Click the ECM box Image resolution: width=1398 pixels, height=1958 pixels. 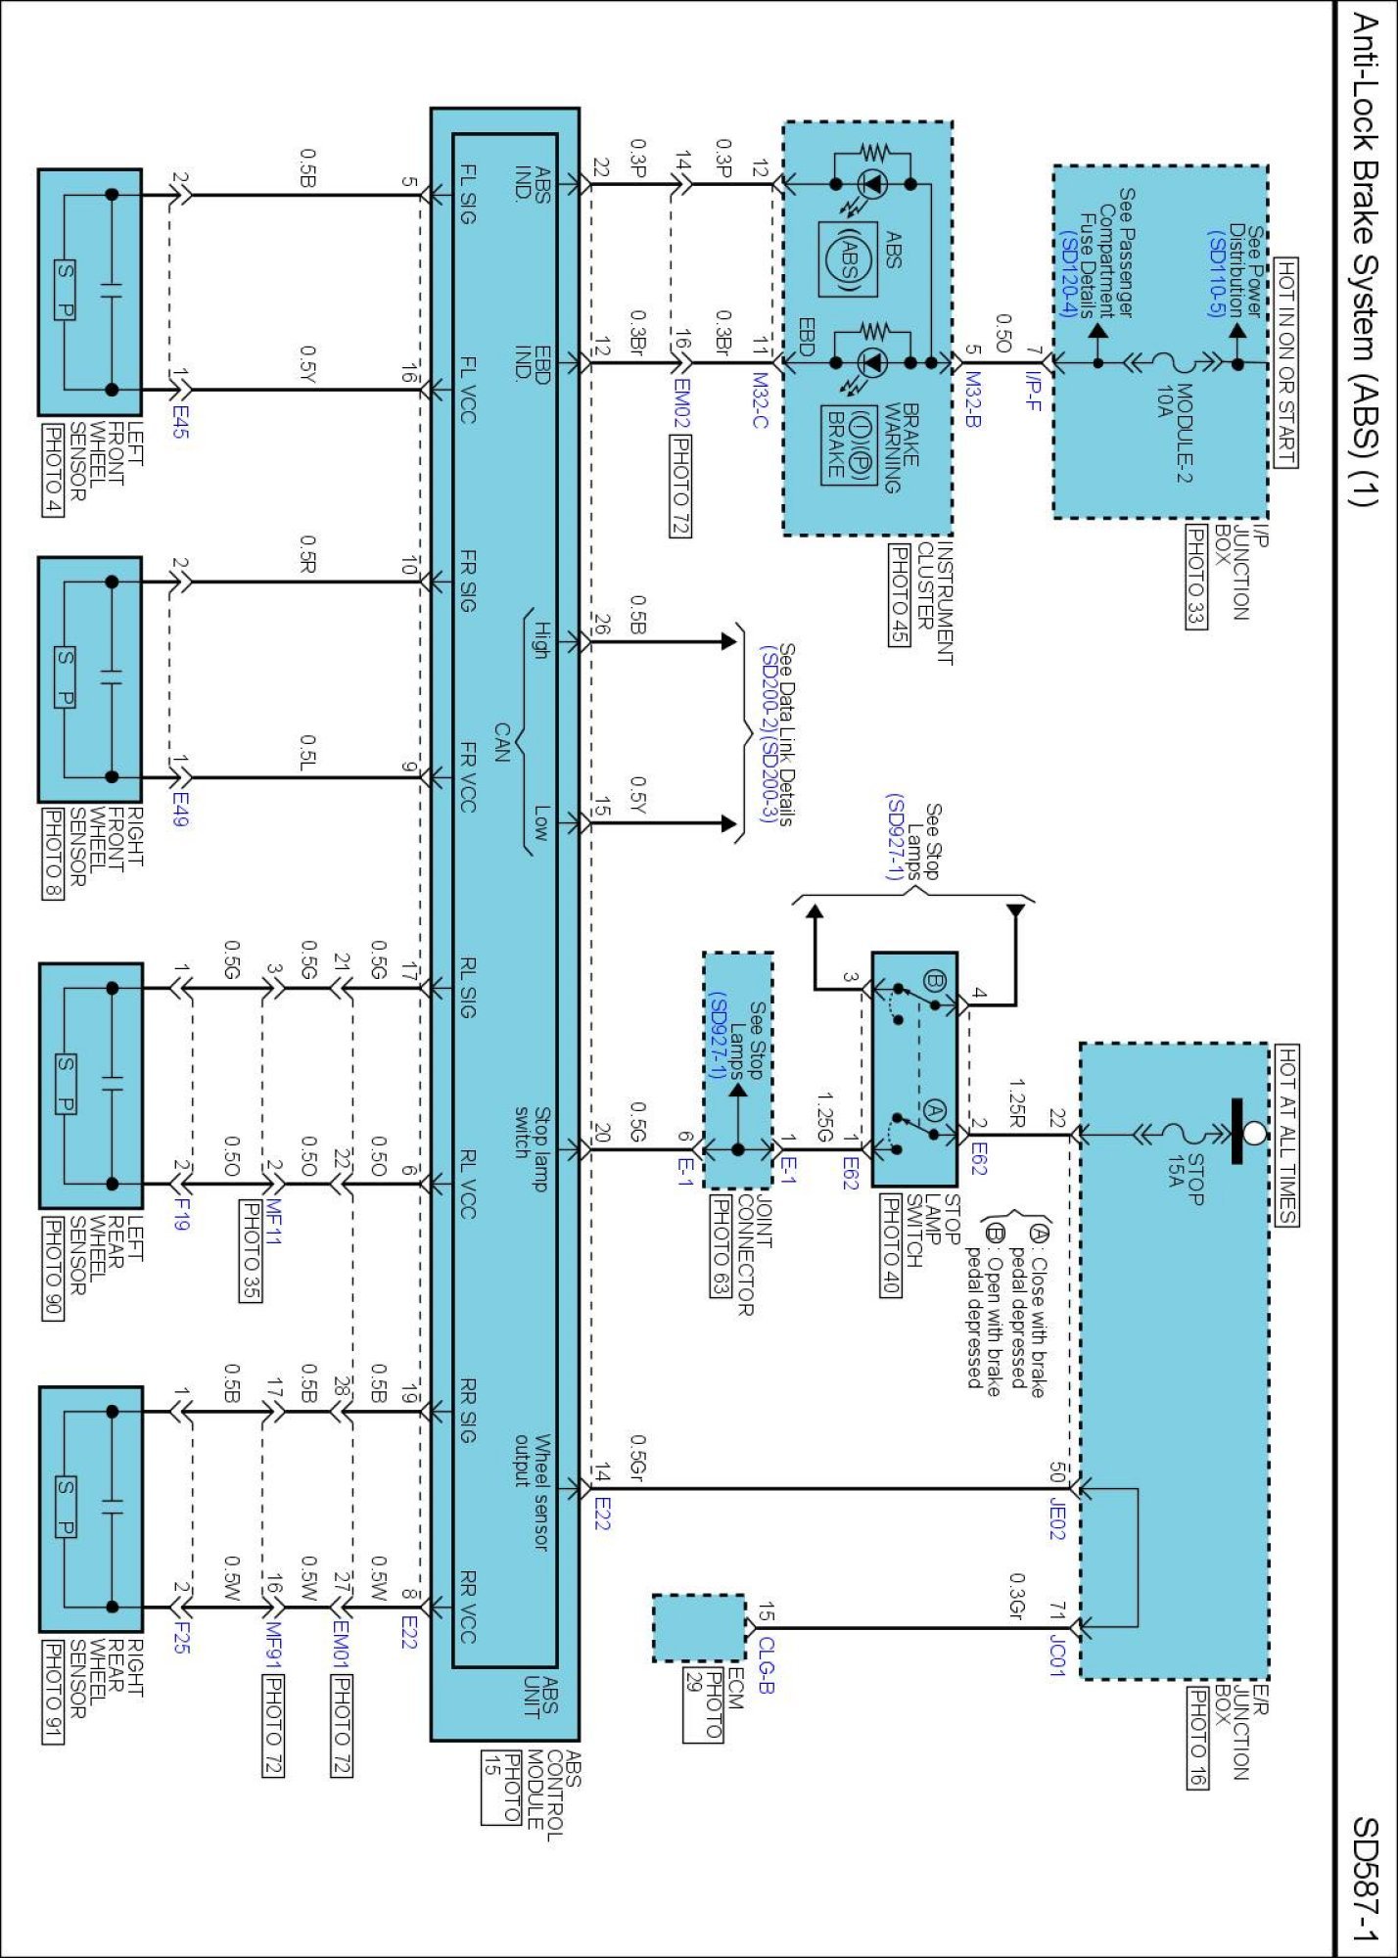click(699, 1627)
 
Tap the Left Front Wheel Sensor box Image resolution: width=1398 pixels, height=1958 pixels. click(90, 292)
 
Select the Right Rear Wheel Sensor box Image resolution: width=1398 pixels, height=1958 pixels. click(90, 1509)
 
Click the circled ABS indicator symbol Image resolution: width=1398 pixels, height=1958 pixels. click(846, 258)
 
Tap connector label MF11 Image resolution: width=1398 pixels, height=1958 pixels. click(274, 1223)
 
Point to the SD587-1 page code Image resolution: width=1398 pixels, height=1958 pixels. click(1365, 1879)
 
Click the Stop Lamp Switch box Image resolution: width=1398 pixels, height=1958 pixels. click(913, 1068)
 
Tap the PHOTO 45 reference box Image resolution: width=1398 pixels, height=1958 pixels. click(898, 594)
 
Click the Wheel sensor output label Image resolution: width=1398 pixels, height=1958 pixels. click(533, 1492)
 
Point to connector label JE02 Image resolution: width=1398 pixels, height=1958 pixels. click(1056, 1517)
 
